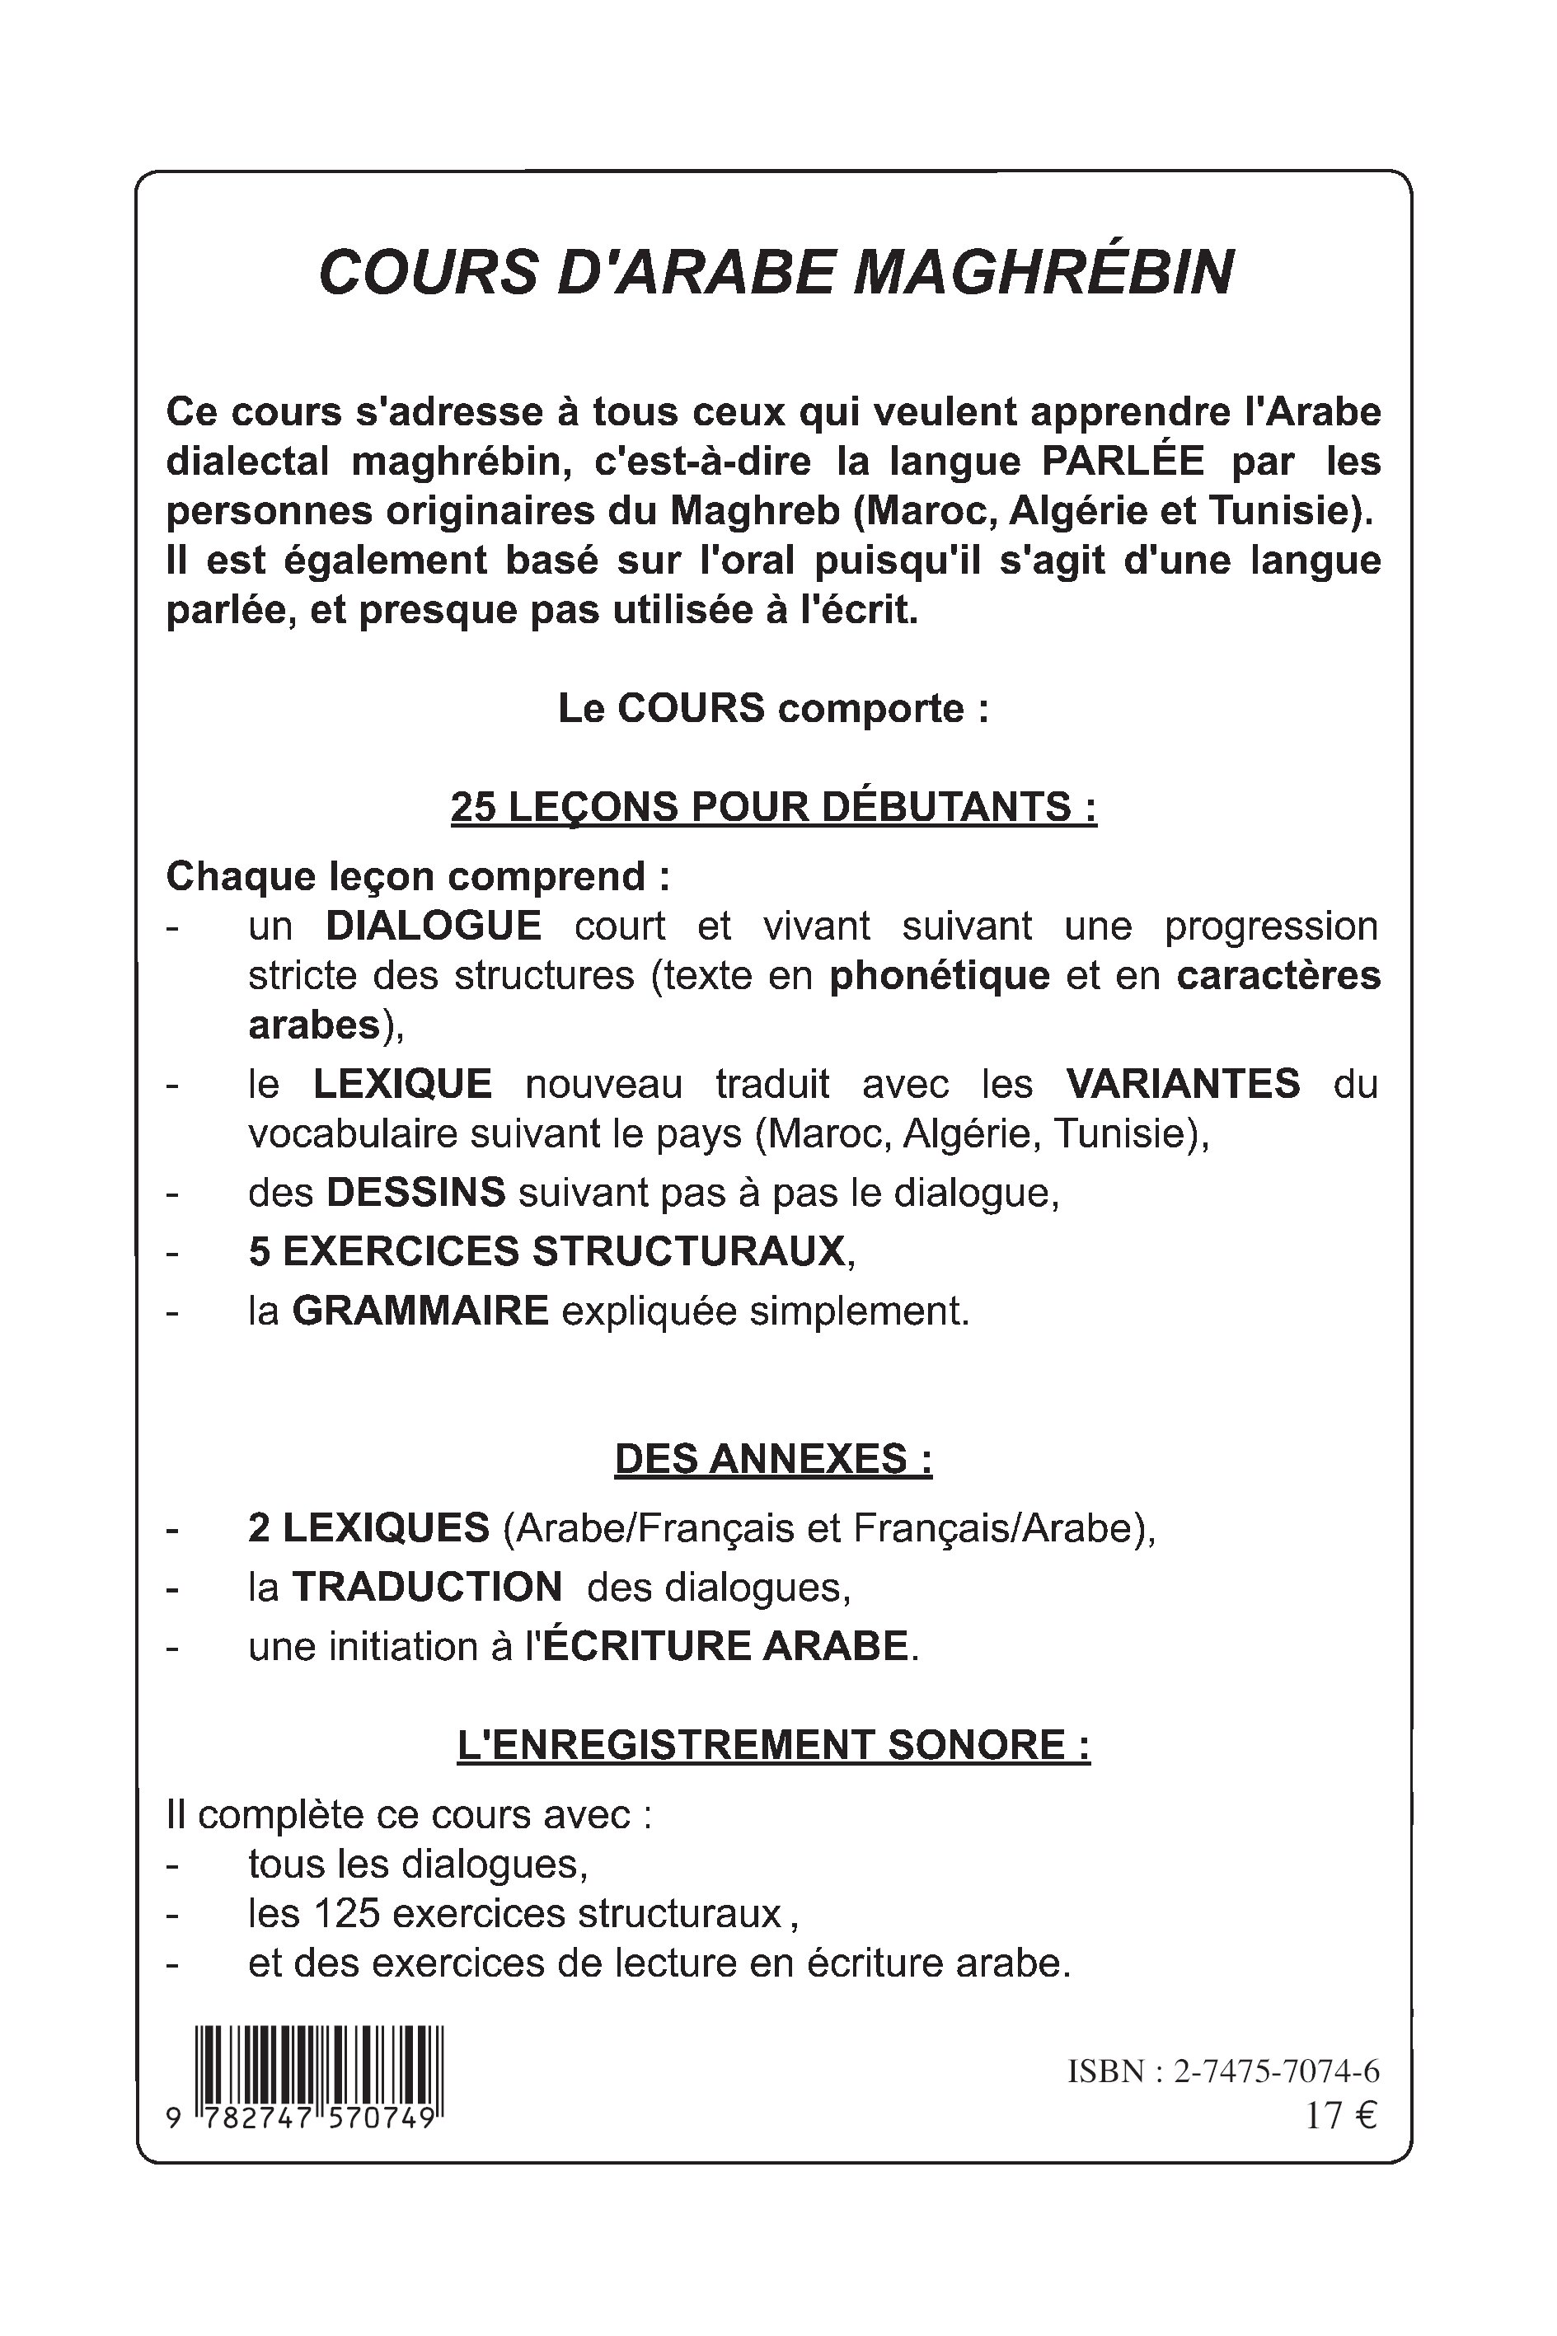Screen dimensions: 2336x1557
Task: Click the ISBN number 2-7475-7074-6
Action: [1276, 2072]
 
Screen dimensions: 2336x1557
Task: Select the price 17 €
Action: [1340, 2116]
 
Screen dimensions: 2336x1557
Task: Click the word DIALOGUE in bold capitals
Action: [433, 926]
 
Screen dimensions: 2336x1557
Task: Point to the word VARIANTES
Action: [1182, 1083]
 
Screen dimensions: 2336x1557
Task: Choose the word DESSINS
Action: [416, 1193]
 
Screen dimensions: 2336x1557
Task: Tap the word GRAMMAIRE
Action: [420, 1311]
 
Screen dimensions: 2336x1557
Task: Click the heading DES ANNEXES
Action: [772, 1458]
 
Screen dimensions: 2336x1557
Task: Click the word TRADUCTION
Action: [427, 1587]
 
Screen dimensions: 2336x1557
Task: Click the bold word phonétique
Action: [940, 976]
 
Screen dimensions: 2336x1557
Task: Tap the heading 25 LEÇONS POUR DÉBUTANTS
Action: [772, 807]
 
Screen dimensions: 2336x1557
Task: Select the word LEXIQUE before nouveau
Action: [402, 1083]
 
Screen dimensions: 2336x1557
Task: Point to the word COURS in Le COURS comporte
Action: [691, 709]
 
